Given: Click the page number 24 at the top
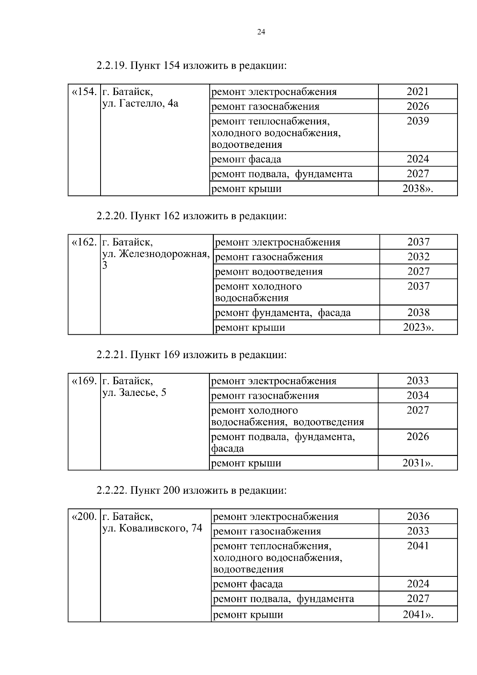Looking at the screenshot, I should (261, 32).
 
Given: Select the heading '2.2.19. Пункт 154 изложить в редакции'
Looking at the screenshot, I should (191, 65).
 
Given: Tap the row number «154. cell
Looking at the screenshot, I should (84, 92).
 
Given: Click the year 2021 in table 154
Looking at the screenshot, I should (417, 91).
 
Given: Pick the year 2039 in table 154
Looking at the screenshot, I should (417, 121).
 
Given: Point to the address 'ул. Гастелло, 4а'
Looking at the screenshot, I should (140, 104).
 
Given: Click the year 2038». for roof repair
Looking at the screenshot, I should (417, 188).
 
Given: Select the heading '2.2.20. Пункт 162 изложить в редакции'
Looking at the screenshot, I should (191, 216).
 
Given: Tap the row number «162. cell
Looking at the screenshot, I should (84, 242).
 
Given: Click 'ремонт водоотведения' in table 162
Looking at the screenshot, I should (269, 272).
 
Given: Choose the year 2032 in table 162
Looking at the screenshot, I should (418, 257).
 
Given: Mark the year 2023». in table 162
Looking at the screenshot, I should (418, 328).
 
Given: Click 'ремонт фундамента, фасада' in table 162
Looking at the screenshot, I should (283, 313).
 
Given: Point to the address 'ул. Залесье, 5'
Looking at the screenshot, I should (134, 393).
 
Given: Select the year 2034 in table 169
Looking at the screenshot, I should (417, 396).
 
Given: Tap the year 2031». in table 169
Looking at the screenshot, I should (417, 463).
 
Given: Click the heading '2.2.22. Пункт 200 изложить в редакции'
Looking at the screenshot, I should (191, 490).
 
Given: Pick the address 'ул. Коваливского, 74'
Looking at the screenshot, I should (152, 528).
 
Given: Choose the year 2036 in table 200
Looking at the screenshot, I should (418, 516).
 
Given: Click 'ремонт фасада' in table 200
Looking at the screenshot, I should (248, 584).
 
